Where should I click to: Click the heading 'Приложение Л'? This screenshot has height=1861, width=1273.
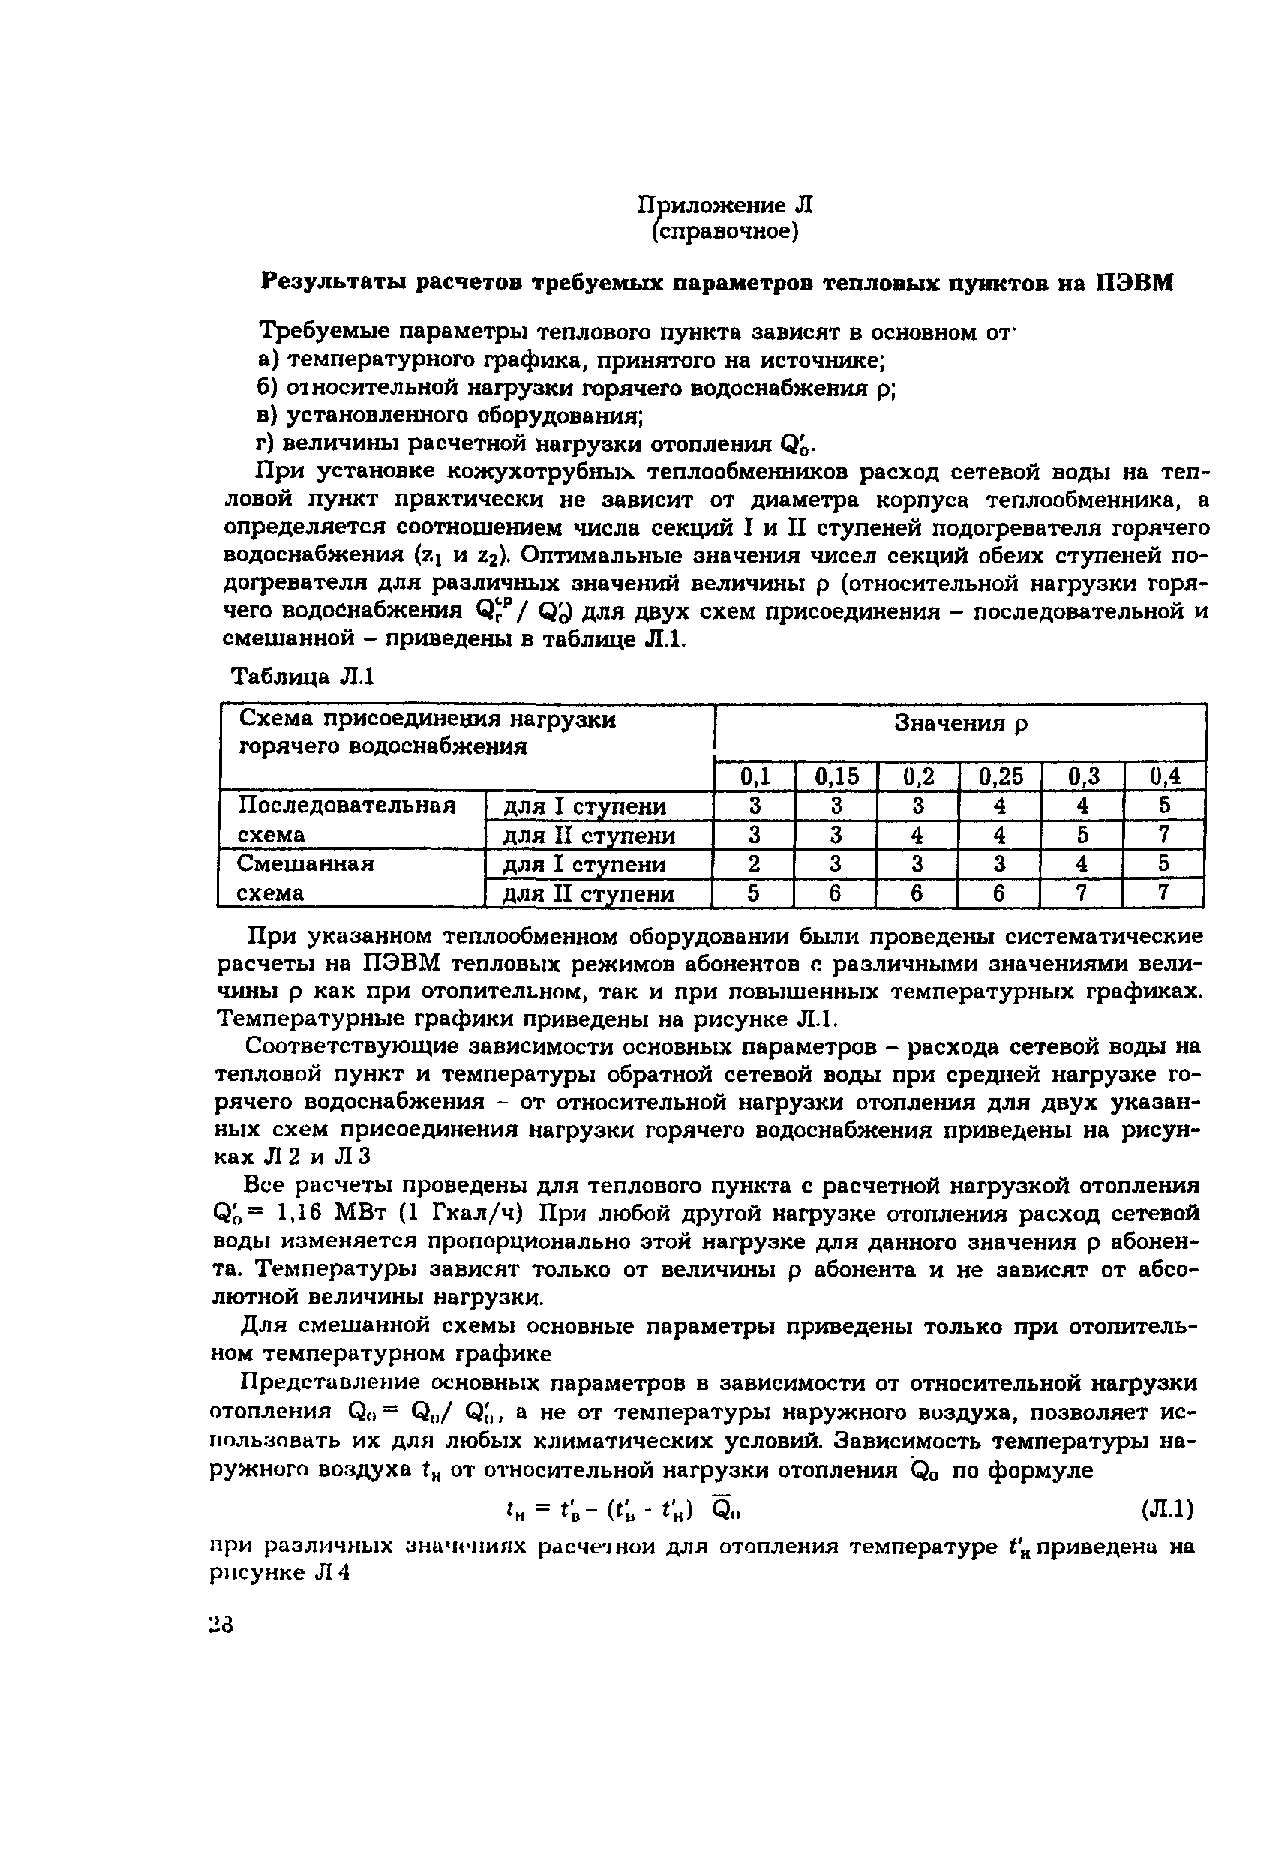point(725,205)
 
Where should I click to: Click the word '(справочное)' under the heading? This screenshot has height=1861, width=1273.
point(725,232)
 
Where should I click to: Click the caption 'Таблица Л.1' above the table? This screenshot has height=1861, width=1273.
point(302,677)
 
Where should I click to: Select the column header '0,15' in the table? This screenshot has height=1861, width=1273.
point(836,776)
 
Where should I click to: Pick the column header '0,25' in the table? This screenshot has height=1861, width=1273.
point(1001,776)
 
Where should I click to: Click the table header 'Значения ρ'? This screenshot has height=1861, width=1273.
point(961,724)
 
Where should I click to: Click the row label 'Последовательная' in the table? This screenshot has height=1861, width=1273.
point(347,805)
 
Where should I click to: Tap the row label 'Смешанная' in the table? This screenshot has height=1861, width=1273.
point(307,863)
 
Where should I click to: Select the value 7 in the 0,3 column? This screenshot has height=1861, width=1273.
point(1082,893)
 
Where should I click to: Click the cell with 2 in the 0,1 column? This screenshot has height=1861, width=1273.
point(753,864)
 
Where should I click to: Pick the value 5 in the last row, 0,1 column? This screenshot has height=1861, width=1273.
point(753,893)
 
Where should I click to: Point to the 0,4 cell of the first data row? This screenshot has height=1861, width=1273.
point(1164,805)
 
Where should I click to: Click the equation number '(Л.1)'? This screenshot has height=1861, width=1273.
point(1166,1510)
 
